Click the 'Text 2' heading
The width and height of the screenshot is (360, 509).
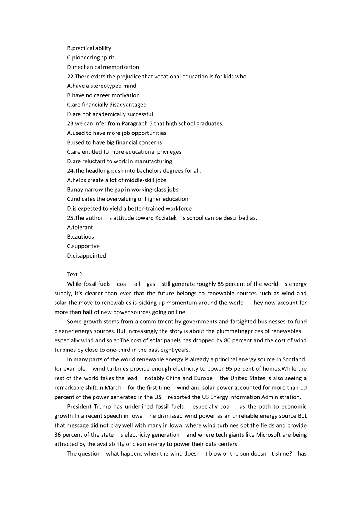75,275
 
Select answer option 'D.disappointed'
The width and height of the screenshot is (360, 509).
86,256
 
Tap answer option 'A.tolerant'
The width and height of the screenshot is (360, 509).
80,227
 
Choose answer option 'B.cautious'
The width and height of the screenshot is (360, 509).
80,237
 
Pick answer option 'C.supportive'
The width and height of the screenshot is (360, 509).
83,246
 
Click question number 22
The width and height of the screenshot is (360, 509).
70,77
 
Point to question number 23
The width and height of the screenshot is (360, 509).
70,123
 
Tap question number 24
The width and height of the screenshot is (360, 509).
70,171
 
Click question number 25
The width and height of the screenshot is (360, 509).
70,218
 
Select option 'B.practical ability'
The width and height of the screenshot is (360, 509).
89,48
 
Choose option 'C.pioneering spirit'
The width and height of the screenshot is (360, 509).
91,58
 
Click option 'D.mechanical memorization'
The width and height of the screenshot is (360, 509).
103,67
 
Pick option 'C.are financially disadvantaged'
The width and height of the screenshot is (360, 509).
107,105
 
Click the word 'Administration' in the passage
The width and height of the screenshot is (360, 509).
281,397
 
